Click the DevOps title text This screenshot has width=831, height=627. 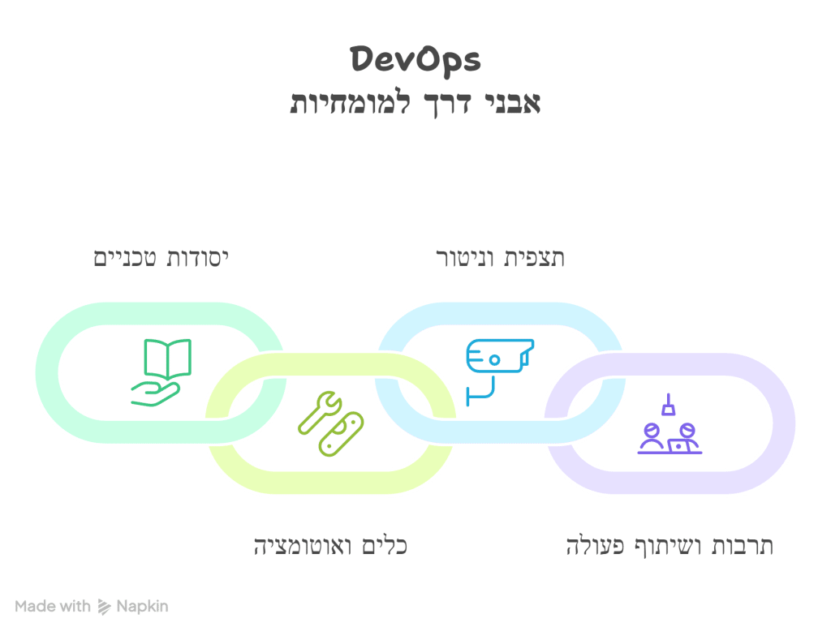[x=415, y=59]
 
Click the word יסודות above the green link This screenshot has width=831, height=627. [x=195, y=259]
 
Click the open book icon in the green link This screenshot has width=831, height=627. [x=167, y=359]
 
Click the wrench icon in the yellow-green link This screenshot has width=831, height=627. [x=317, y=410]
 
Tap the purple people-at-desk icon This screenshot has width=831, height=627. [x=668, y=438]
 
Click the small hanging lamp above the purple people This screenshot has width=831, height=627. [x=668, y=405]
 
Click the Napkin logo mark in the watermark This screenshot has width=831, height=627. [x=103, y=606]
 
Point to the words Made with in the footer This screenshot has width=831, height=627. [x=52, y=606]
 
